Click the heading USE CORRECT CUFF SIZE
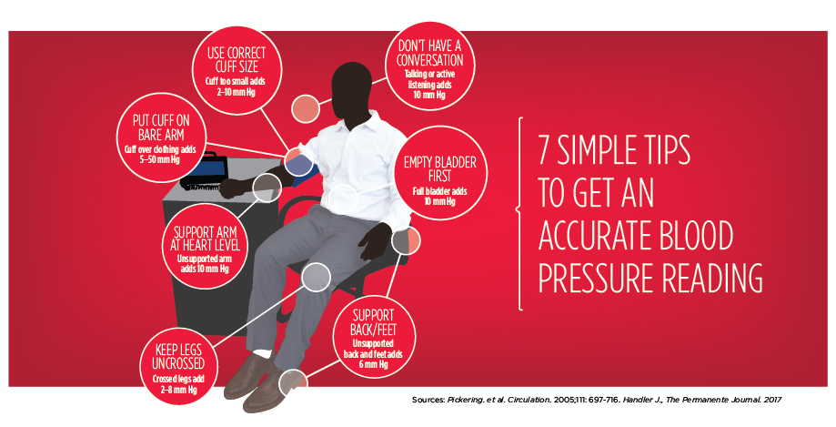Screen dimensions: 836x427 237,60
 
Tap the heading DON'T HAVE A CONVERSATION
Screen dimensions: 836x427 429,52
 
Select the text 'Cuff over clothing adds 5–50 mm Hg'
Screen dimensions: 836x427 160,154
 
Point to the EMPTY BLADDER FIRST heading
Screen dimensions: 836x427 440,168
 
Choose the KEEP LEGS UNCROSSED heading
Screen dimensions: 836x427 178,357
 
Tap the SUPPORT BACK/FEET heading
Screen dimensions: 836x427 373,322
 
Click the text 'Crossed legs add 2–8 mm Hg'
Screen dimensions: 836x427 178,384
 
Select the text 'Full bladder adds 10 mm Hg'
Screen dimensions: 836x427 440,197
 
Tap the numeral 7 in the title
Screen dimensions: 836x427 546,150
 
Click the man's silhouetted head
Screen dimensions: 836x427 351,91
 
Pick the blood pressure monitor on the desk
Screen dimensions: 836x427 204,170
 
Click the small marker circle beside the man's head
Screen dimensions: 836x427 306,109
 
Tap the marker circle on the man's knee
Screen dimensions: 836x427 317,277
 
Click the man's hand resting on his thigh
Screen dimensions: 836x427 375,240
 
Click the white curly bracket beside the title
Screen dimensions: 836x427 519,213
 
